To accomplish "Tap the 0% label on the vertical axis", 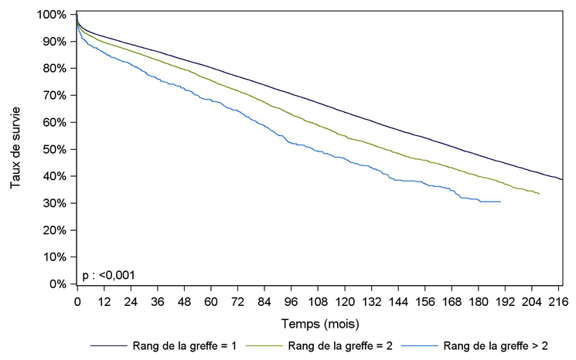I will click(57, 284).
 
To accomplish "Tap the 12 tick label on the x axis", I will click(104, 300).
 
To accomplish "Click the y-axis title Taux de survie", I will click(16, 149).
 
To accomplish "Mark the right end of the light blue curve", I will click(500, 201).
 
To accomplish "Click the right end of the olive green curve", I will click(539, 194).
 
